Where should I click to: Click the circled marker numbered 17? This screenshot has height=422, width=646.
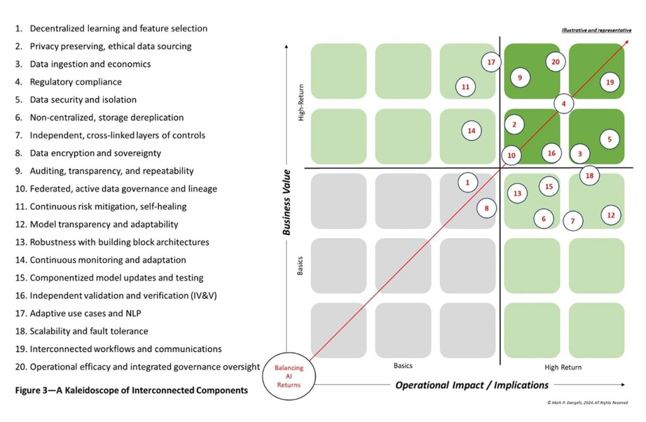coord(491,62)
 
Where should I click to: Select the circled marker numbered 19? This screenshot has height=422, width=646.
coord(609,82)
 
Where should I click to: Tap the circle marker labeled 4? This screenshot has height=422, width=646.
coord(563,103)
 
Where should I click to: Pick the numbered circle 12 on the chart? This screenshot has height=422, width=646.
coord(610,215)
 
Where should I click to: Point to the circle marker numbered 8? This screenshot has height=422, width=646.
coord(486,208)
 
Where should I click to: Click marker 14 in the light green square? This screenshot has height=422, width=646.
coord(471,131)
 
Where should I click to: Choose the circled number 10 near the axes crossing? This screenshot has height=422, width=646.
coord(511,155)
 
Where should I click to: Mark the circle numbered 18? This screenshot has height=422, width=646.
coord(589,176)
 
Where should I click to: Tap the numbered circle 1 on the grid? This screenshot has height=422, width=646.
coord(467,183)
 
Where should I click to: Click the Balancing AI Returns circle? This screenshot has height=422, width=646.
coord(289,377)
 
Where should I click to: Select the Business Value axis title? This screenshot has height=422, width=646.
coord(286,202)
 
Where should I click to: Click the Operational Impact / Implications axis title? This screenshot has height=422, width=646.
coord(472,385)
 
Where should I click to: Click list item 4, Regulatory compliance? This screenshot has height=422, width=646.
coord(75,82)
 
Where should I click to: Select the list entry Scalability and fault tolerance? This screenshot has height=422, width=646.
coord(88,331)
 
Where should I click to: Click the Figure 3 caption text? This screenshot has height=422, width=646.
coord(131,390)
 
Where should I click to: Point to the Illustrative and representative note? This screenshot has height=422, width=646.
coord(596,30)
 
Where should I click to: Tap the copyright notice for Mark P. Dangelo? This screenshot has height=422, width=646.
coord(587,402)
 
